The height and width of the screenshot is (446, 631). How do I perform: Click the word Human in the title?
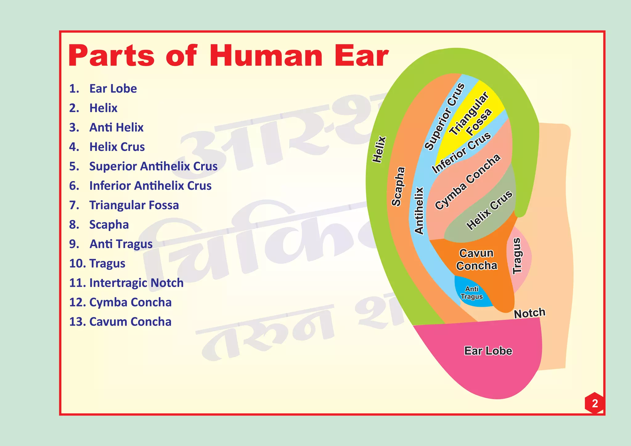266,56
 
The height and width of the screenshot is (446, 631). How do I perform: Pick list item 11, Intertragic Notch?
126,283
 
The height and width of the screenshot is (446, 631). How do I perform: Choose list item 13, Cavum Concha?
120,322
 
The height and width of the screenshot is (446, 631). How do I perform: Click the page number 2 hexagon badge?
595,403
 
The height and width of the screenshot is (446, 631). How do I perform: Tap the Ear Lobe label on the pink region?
488,351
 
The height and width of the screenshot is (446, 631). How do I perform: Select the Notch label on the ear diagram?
530,313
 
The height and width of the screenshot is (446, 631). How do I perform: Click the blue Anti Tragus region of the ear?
471,293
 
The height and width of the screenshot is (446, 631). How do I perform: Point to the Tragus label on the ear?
517,256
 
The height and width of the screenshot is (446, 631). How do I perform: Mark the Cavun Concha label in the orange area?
477,259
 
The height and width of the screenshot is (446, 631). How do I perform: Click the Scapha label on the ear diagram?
398,186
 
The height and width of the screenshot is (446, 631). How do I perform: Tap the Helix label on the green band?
379,149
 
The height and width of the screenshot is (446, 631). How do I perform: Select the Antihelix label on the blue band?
419,211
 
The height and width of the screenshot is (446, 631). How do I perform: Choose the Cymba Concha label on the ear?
467,182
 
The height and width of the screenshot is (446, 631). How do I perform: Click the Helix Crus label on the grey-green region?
489,210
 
